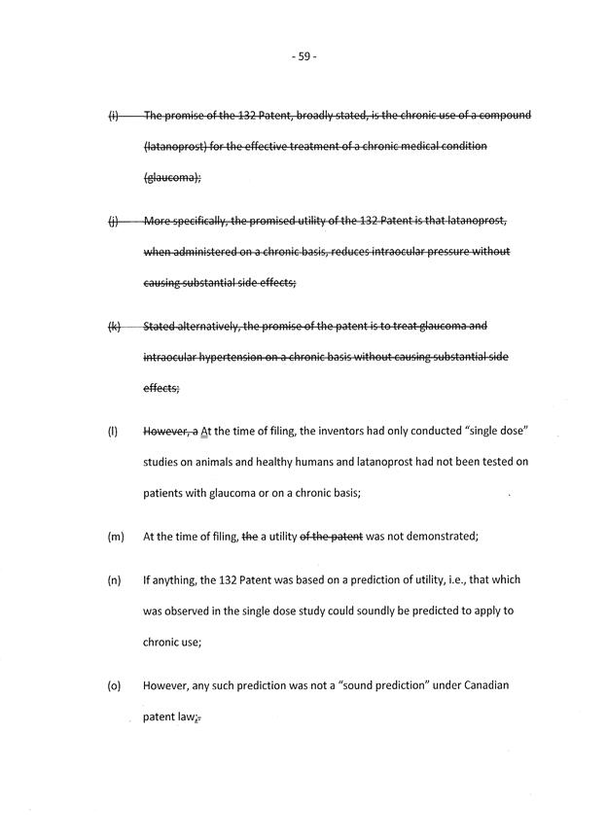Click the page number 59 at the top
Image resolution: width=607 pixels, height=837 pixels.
[303, 57]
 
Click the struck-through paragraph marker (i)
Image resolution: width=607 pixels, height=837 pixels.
[113, 116]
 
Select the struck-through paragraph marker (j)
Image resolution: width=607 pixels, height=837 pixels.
[113, 221]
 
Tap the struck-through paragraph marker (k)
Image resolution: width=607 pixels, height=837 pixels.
[114, 327]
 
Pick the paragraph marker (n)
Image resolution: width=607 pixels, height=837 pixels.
[114, 580]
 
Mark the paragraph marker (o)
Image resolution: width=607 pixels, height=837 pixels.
[114, 685]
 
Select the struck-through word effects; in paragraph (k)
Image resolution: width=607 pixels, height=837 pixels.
[161, 388]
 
